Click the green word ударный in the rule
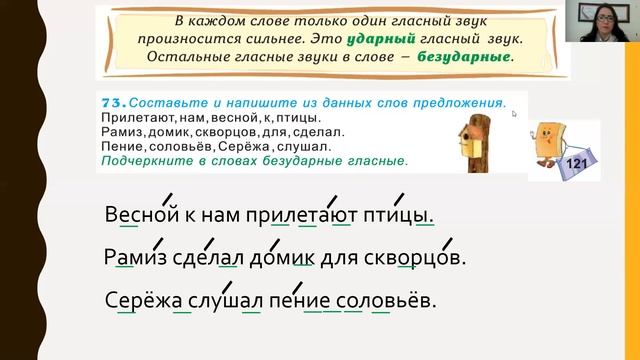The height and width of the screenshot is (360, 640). [x=384, y=40]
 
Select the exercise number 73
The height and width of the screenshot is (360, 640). [x=111, y=103]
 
